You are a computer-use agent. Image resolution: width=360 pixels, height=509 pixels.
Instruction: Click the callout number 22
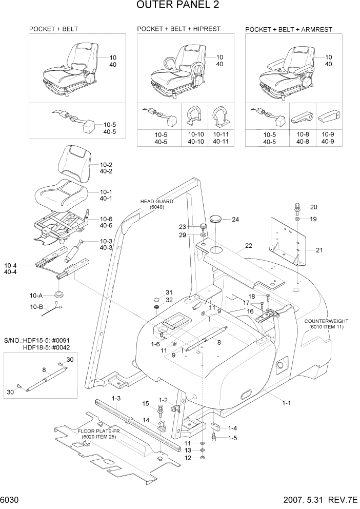(x=249, y=246)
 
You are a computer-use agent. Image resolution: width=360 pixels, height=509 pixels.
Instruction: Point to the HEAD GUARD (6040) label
(x=157, y=204)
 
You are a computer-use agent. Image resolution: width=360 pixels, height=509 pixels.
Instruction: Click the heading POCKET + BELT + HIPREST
(x=178, y=29)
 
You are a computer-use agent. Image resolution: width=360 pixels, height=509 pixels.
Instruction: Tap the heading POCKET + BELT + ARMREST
(x=290, y=29)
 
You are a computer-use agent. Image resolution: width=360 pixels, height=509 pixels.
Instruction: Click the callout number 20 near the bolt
(x=314, y=207)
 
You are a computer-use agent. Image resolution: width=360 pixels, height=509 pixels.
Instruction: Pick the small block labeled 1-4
(x=215, y=427)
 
